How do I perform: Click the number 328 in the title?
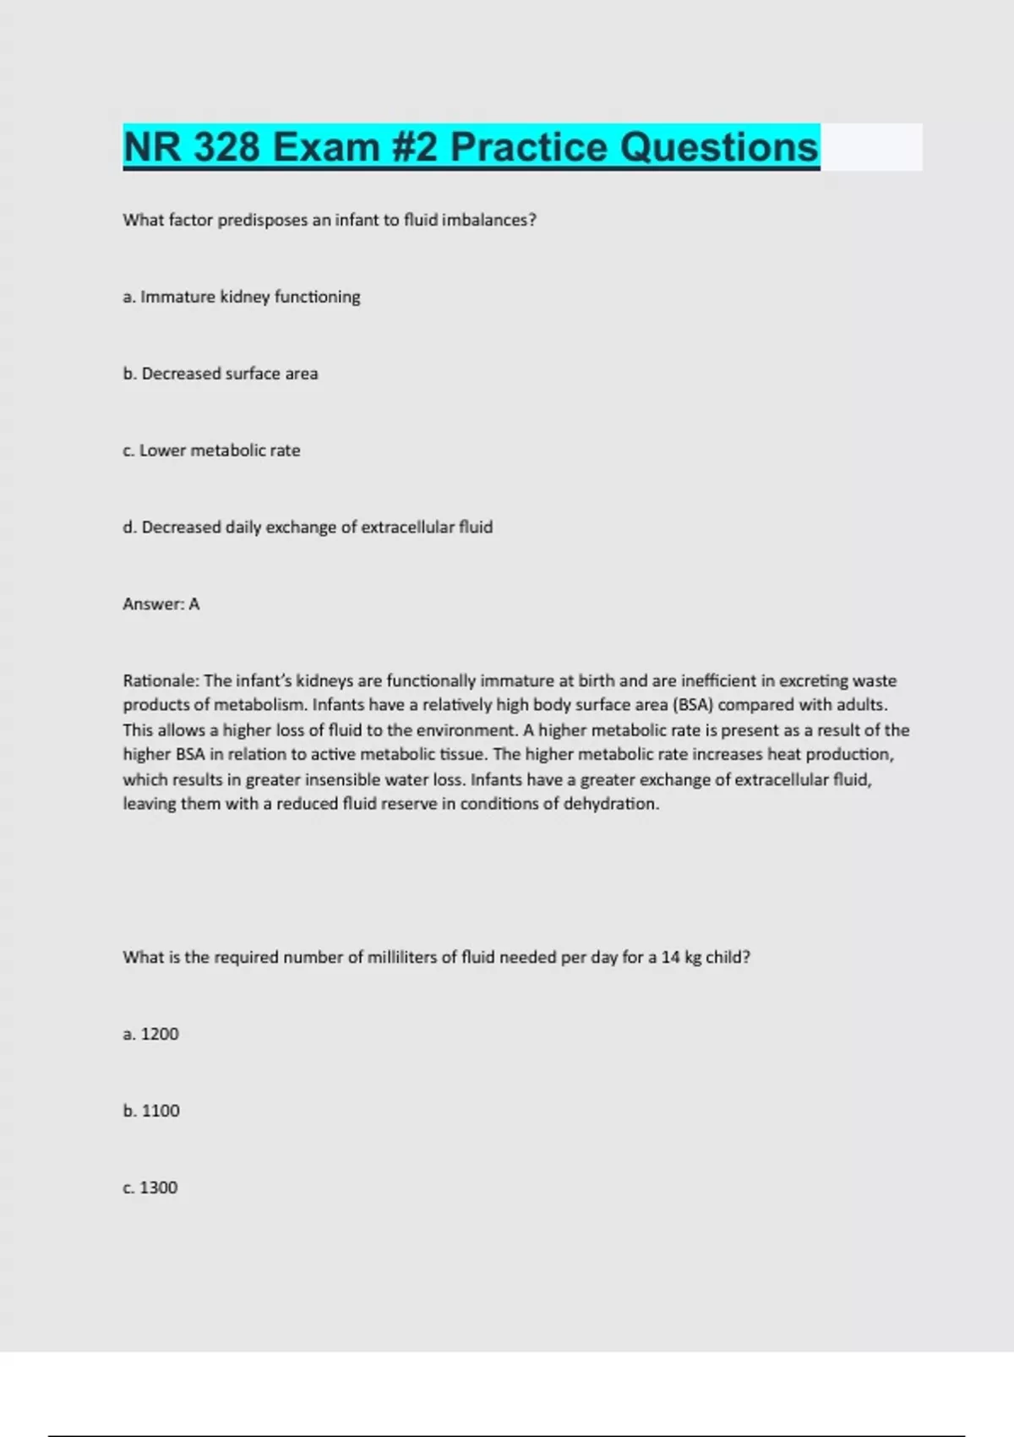(226, 147)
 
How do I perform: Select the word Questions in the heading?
(719, 147)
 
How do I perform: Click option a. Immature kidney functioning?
(242, 297)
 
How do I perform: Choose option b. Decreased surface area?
(221, 374)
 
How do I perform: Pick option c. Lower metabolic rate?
(211, 451)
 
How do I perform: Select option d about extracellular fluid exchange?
(308, 527)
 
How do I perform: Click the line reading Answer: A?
(161, 604)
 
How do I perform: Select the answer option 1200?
(151, 1034)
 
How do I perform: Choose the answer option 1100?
(151, 1111)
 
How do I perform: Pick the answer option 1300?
(150, 1188)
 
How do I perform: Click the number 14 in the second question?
(670, 958)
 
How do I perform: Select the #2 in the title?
(415, 147)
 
